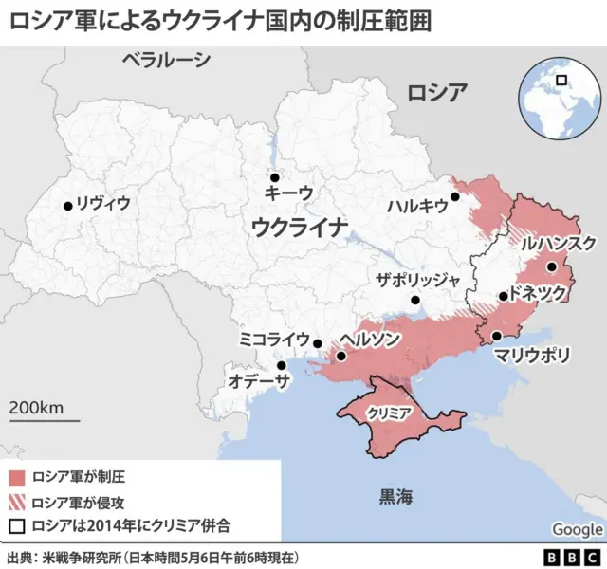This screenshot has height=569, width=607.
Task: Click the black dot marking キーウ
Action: (275, 177)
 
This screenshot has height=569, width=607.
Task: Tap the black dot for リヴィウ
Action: (68, 205)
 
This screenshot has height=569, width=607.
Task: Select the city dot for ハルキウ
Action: (455, 197)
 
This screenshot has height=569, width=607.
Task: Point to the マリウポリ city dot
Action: (497, 336)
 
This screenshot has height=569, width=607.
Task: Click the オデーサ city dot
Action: (281, 365)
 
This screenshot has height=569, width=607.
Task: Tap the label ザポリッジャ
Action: (417, 280)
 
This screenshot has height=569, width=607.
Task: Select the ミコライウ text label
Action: (274, 339)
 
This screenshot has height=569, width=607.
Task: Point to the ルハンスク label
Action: (558, 243)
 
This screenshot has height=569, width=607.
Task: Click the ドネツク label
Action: (537, 293)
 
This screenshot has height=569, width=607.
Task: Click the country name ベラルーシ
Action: (167, 62)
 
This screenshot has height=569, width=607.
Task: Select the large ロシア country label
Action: (437, 93)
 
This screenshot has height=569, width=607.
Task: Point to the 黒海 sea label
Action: (396, 495)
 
